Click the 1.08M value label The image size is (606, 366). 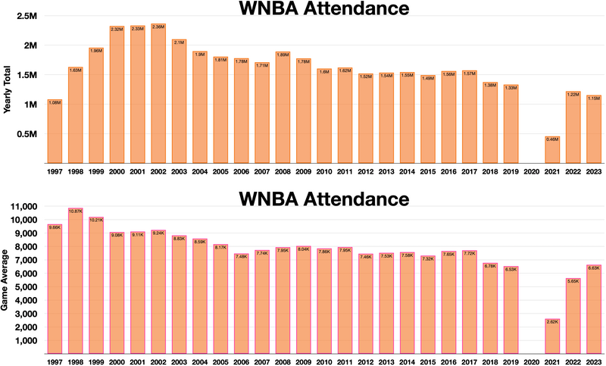tap(55, 102)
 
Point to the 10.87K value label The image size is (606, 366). tap(75, 211)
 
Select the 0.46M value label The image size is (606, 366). tap(552, 139)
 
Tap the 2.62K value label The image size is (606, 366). tap(552, 321)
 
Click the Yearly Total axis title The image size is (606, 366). tap(8, 89)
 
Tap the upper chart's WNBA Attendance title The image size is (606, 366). tap(324, 9)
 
